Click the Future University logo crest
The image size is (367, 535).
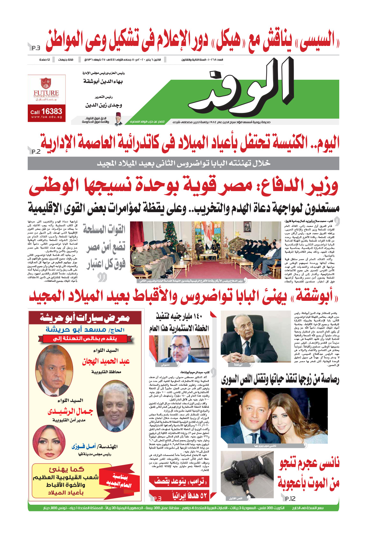[x=46, y=83]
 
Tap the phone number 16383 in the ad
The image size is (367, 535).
[x=51, y=111]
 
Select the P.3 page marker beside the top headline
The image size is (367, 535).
[x=36, y=48]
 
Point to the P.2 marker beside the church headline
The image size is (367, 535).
[x=36, y=152]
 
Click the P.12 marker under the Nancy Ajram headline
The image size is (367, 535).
[x=290, y=498]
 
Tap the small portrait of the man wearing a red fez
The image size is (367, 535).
[x=118, y=119]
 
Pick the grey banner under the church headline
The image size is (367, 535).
[x=183, y=163]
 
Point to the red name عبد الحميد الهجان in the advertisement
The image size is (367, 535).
[x=106, y=361]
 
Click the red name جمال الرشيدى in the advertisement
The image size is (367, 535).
[x=70, y=412]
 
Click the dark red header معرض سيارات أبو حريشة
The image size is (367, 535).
[x=85, y=317]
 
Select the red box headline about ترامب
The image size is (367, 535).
[x=179, y=481]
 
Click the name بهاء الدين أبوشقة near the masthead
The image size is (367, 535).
[x=103, y=82]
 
